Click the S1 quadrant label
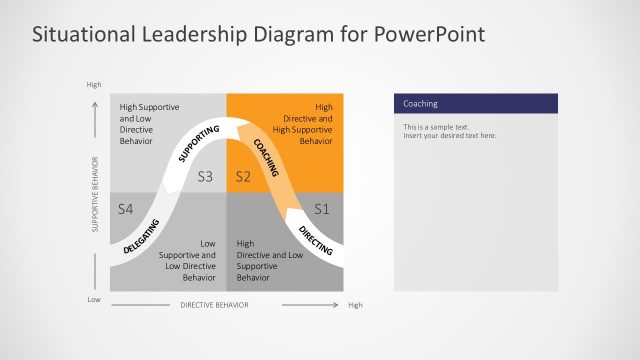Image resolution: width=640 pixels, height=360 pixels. (x=321, y=209)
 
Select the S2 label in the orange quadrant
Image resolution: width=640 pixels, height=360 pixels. (x=242, y=177)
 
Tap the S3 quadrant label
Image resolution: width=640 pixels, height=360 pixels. (x=206, y=177)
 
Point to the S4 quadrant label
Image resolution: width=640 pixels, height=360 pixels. (x=126, y=209)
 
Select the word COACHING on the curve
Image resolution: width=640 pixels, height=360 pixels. (x=266, y=155)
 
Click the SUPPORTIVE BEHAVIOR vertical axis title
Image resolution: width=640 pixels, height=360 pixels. (x=96, y=194)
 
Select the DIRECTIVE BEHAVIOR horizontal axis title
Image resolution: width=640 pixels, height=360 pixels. (x=214, y=304)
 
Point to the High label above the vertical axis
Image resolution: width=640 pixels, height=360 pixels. (x=94, y=85)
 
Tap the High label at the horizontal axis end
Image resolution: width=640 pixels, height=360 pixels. (x=355, y=304)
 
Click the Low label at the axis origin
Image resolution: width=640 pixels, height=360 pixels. (x=94, y=299)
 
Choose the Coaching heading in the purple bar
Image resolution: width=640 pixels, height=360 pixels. (x=420, y=104)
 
